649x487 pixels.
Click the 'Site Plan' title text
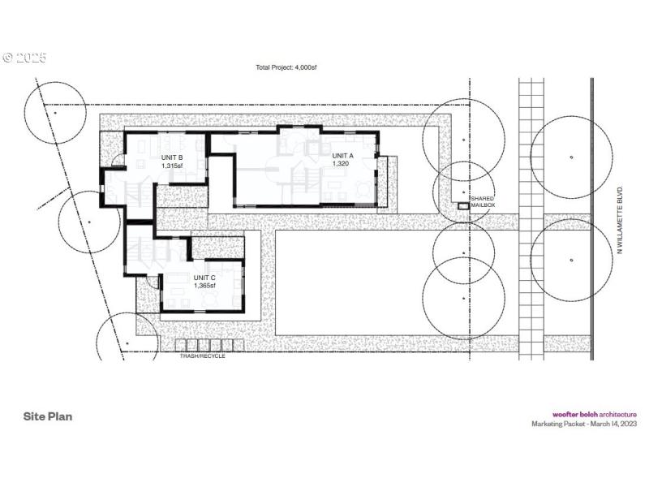(48, 416)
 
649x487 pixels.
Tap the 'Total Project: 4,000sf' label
(286, 67)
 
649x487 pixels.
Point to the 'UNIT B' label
(171, 157)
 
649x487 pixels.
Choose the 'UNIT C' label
(204, 277)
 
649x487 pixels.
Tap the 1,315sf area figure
(171, 166)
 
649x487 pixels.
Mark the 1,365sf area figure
(204, 285)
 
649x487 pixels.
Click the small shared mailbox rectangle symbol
(462, 207)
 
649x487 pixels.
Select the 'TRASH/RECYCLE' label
(202, 356)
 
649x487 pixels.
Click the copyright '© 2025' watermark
(25, 58)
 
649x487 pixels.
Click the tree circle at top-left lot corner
(54, 113)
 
